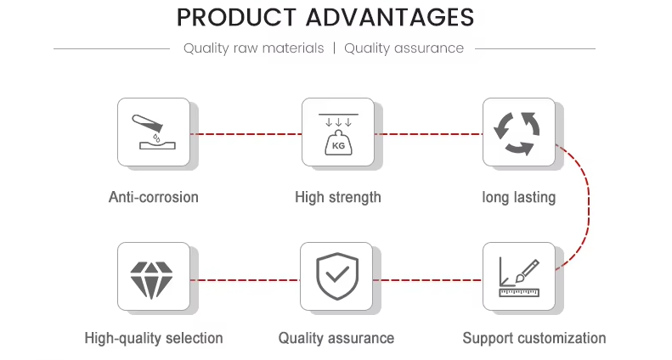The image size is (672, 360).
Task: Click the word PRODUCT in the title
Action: pos(236,18)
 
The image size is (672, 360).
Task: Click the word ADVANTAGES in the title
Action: pos(390,18)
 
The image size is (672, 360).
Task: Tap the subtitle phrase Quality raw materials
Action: pos(254,48)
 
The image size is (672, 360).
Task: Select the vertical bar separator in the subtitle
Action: pos(334,48)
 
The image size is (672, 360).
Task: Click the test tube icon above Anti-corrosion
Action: pos(148,123)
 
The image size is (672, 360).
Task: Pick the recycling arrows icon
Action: pos(517,133)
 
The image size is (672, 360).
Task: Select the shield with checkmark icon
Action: pos(337,276)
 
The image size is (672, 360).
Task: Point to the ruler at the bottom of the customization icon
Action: pos(519,293)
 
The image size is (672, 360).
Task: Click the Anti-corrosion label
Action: pos(154,197)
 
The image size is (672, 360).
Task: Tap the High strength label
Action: pos(338,198)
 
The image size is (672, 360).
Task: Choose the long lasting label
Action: pos(518,198)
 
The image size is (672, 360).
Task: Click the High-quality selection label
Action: pos(154,338)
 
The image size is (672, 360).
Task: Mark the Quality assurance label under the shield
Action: pos(336,338)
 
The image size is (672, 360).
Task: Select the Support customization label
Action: pos(534,338)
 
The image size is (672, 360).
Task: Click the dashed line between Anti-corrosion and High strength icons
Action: pos(246,134)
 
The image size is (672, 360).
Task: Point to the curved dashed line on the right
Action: pos(589,207)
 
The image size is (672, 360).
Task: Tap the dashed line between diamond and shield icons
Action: pos(246,280)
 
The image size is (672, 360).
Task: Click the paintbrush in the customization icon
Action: pos(527,271)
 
